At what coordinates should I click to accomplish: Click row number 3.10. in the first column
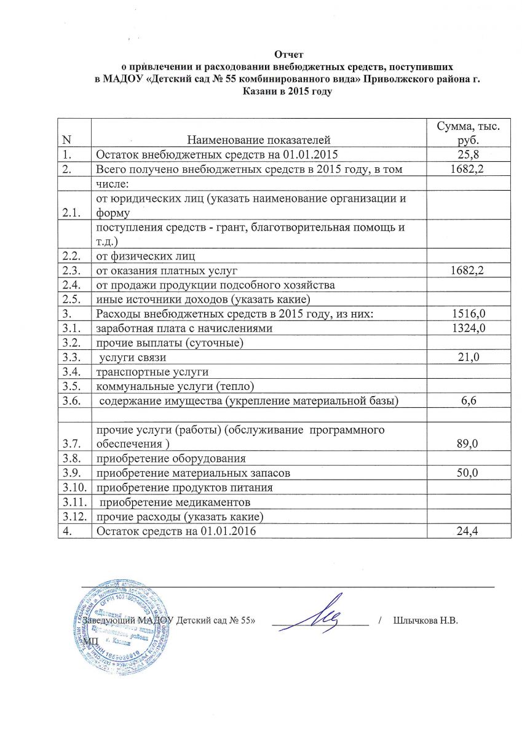(x=74, y=488)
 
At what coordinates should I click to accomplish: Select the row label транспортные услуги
(x=151, y=372)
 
